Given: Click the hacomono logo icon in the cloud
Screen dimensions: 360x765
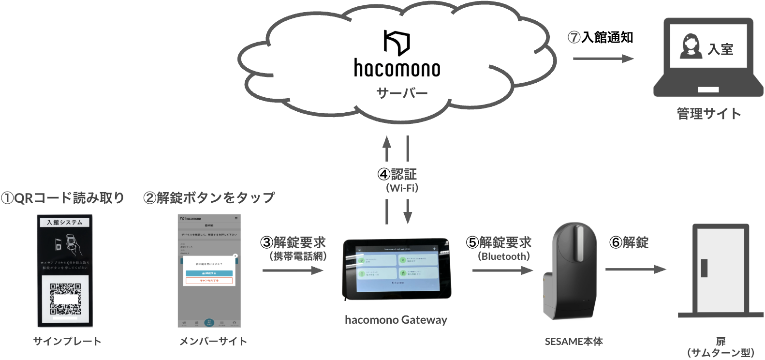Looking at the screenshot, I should (x=397, y=43).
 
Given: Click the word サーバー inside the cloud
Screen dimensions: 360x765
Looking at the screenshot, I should (x=402, y=93).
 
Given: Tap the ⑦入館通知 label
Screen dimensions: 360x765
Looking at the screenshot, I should (x=600, y=38).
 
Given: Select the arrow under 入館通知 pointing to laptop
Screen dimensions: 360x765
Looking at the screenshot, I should (x=603, y=59).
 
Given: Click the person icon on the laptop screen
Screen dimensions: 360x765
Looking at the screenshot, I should (x=691, y=46).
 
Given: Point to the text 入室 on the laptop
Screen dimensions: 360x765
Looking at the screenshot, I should (x=721, y=49).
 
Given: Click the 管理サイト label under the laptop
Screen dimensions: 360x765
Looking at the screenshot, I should (x=708, y=114).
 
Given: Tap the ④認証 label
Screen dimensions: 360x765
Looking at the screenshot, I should (x=397, y=174).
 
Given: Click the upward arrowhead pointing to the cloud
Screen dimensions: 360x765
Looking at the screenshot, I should (x=387, y=142).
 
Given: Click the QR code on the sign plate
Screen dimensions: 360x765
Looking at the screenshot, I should (x=65, y=299).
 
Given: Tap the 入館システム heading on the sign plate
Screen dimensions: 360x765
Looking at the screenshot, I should (x=65, y=223).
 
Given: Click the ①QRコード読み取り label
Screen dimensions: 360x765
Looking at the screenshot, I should (x=62, y=198).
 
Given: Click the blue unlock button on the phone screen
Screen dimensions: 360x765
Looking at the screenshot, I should (x=209, y=273).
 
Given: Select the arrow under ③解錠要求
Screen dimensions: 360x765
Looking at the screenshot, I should (x=293, y=270).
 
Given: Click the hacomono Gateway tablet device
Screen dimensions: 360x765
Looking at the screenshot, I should (x=397, y=269).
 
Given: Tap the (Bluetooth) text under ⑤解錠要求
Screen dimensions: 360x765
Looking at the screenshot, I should (x=503, y=256).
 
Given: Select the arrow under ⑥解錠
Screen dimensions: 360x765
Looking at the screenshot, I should (x=635, y=270).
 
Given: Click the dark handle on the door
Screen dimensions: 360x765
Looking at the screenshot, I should (x=704, y=268).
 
